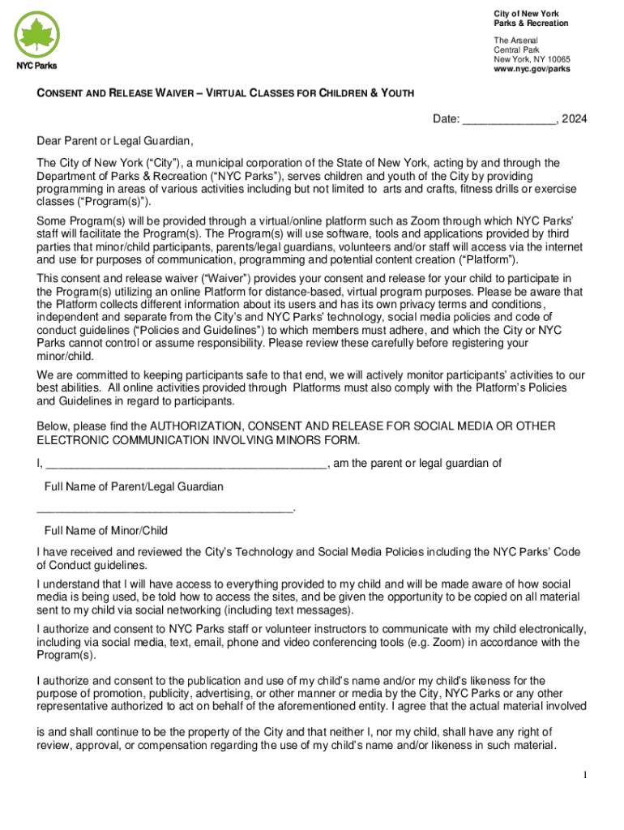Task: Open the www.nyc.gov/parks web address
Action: tap(532, 70)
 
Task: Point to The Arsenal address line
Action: tap(515, 41)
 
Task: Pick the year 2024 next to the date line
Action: tap(575, 119)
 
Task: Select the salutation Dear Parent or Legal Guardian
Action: tap(114, 140)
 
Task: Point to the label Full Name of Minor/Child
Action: tap(106, 531)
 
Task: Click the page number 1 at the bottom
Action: tap(583, 776)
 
